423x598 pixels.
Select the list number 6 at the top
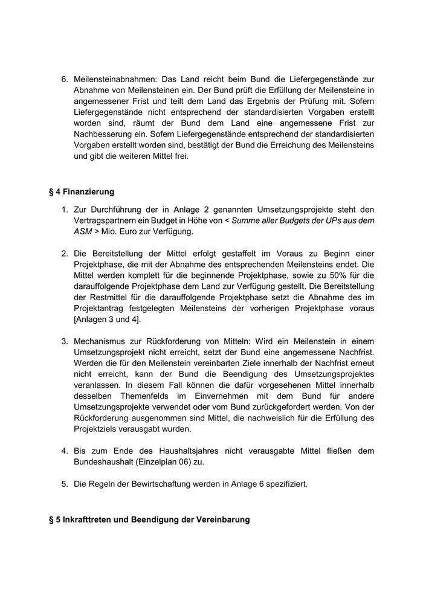coord(65,79)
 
